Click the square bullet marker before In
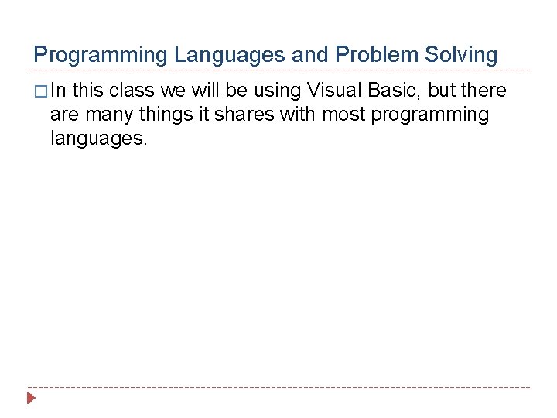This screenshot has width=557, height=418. pos(40,91)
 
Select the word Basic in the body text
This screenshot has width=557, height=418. pos(394,91)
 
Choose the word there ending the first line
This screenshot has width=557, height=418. pos(483,91)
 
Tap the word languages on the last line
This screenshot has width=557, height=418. pos(98,140)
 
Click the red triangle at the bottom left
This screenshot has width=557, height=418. pos(31,399)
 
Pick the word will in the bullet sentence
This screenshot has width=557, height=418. pos(205,91)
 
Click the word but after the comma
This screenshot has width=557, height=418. pos(442,91)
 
